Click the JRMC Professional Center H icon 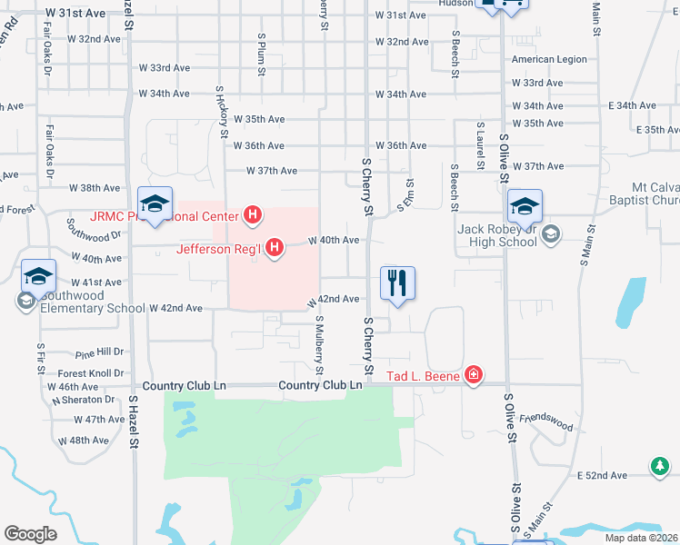click(x=254, y=216)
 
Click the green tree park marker click(x=659, y=467)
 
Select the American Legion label click(x=549, y=60)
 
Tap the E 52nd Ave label click(x=602, y=475)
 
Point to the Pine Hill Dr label click(x=99, y=352)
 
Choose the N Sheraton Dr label click(x=83, y=400)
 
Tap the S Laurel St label click(x=479, y=144)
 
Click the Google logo click(x=30, y=534)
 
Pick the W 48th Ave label click(x=84, y=441)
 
